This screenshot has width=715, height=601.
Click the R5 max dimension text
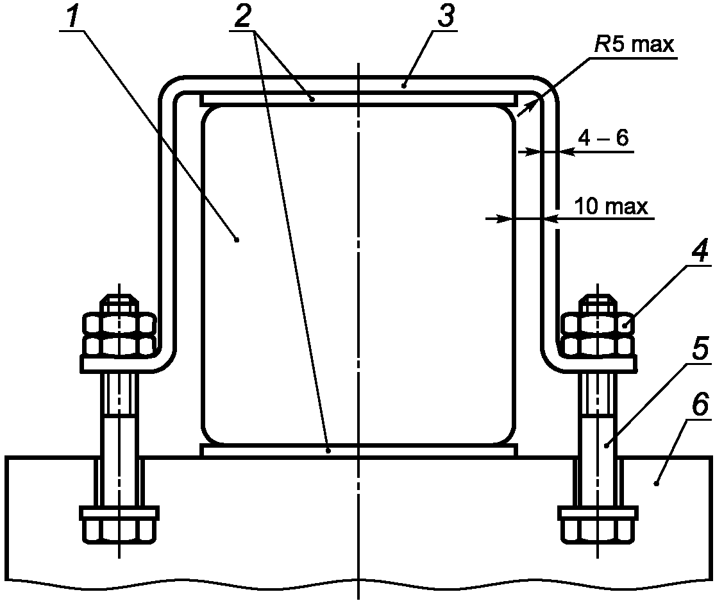[634, 44]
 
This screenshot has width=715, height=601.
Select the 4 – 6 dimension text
[603, 137]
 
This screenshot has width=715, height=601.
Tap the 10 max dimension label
[611, 206]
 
